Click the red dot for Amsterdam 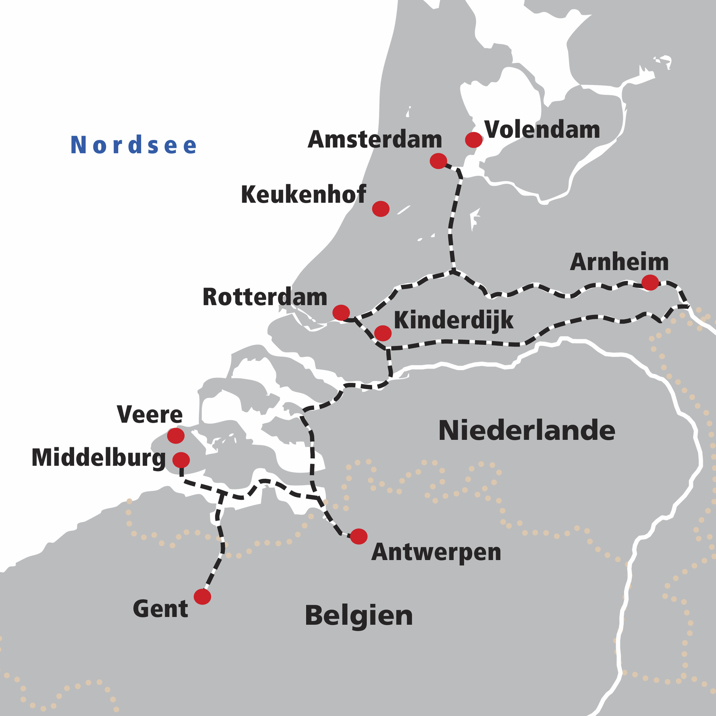pyautogui.click(x=438, y=161)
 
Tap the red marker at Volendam pyautogui.click(x=474, y=140)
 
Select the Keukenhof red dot pyautogui.click(x=381, y=209)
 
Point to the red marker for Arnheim pyautogui.click(x=650, y=282)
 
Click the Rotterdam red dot pyautogui.click(x=341, y=313)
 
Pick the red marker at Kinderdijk pyautogui.click(x=383, y=333)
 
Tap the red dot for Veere pyautogui.click(x=176, y=436)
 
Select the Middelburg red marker pyautogui.click(x=181, y=460)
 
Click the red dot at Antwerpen pyautogui.click(x=359, y=536)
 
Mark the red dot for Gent pyautogui.click(x=202, y=597)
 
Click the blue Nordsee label pyautogui.click(x=134, y=145)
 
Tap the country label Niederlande pyautogui.click(x=527, y=431)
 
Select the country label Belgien pyautogui.click(x=359, y=616)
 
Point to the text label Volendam pyautogui.click(x=542, y=130)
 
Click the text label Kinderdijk pyautogui.click(x=453, y=320)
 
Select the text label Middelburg pyautogui.click(x=99, y=458)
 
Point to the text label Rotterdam pyautogui.click(x=265, y=297)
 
